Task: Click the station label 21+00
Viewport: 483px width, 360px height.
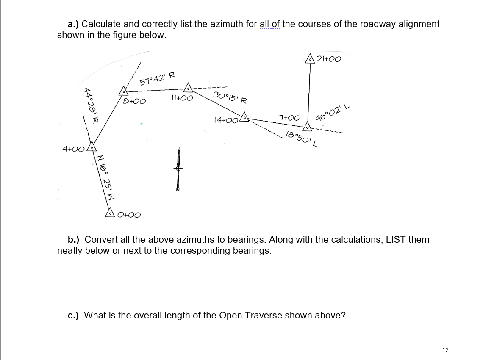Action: [329, 59]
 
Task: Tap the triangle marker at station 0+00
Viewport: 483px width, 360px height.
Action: [110, 213]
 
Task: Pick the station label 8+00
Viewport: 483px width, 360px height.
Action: [134, 101]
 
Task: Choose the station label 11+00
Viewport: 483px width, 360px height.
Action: [182, 98]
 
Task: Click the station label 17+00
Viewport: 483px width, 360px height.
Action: [288, 117]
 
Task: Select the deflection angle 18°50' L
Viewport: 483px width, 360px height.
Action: [302, 138]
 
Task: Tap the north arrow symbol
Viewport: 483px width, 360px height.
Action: [179, 169]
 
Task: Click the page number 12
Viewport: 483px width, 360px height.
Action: [445, 349]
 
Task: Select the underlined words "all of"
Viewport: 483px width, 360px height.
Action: [269, 24]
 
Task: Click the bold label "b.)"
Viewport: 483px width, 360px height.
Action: [75, 240]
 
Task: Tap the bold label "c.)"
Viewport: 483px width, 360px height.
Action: [75, 316]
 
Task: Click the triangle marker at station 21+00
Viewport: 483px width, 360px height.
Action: [311, 59]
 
